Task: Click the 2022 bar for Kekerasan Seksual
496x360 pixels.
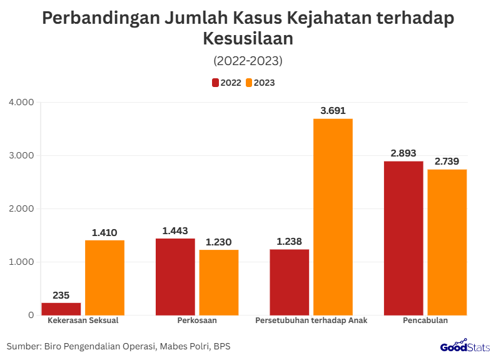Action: tap(61, 309)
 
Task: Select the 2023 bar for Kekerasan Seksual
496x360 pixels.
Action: tap(105, 277)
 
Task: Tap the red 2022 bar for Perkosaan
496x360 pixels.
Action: tap(175, 276)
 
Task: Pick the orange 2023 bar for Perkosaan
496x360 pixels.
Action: tap(219, 282)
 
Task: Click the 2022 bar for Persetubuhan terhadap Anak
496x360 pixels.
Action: tap(290, 282)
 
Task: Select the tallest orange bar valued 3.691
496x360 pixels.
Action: tap(333, 217)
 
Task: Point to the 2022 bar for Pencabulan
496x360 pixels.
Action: tap(403, 238)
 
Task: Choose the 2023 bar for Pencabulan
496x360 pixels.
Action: tap(447, 242)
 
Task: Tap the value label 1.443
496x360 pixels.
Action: tap(175, 231)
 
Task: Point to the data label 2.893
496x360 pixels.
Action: tap(403, 153)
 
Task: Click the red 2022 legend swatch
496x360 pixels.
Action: tap(215, 83)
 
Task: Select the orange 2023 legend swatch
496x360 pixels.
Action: tap(248, 83)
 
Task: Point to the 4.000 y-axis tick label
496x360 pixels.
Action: tap(21, 102)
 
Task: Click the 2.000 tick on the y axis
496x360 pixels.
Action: tap(21, 208)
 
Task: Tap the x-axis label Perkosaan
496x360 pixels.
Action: tap(197, 321)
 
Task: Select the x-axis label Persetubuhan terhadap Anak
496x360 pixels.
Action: tap(311, 321)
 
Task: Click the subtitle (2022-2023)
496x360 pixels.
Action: tap(248, 61)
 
